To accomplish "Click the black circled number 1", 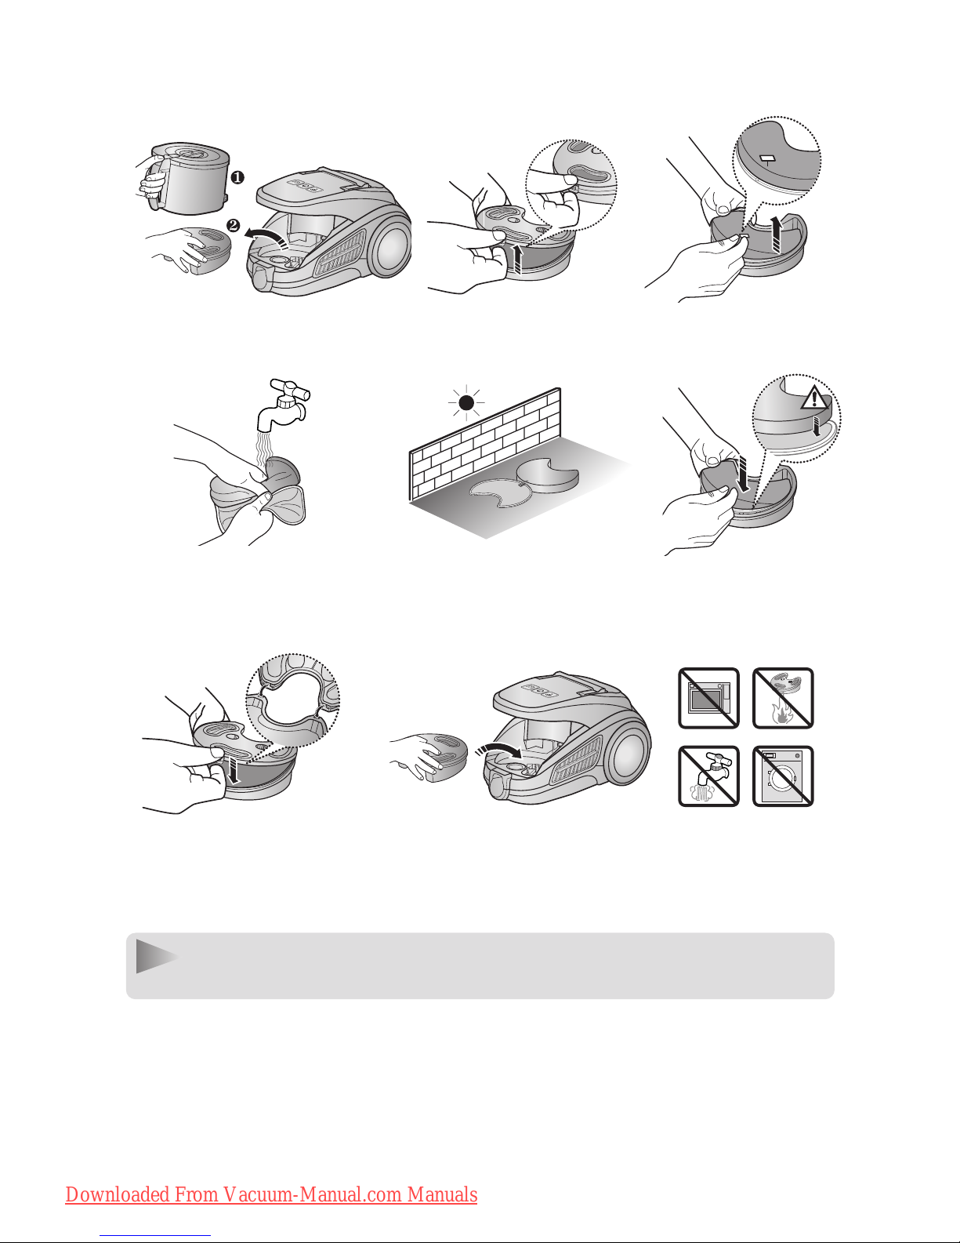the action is (237, 177).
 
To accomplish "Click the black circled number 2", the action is (234, 225).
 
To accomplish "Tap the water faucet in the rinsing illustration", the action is (284, 405).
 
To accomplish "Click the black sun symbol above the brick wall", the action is (466, 403).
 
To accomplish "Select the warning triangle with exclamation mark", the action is (814, 396).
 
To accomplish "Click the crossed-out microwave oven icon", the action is (708, 698).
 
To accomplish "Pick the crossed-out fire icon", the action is (783, 698).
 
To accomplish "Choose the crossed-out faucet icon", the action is (708, 776).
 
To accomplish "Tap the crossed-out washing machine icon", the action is (783, 776).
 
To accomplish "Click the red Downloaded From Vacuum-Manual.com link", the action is (271, 1194).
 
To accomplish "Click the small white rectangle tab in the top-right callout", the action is (765, 158).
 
